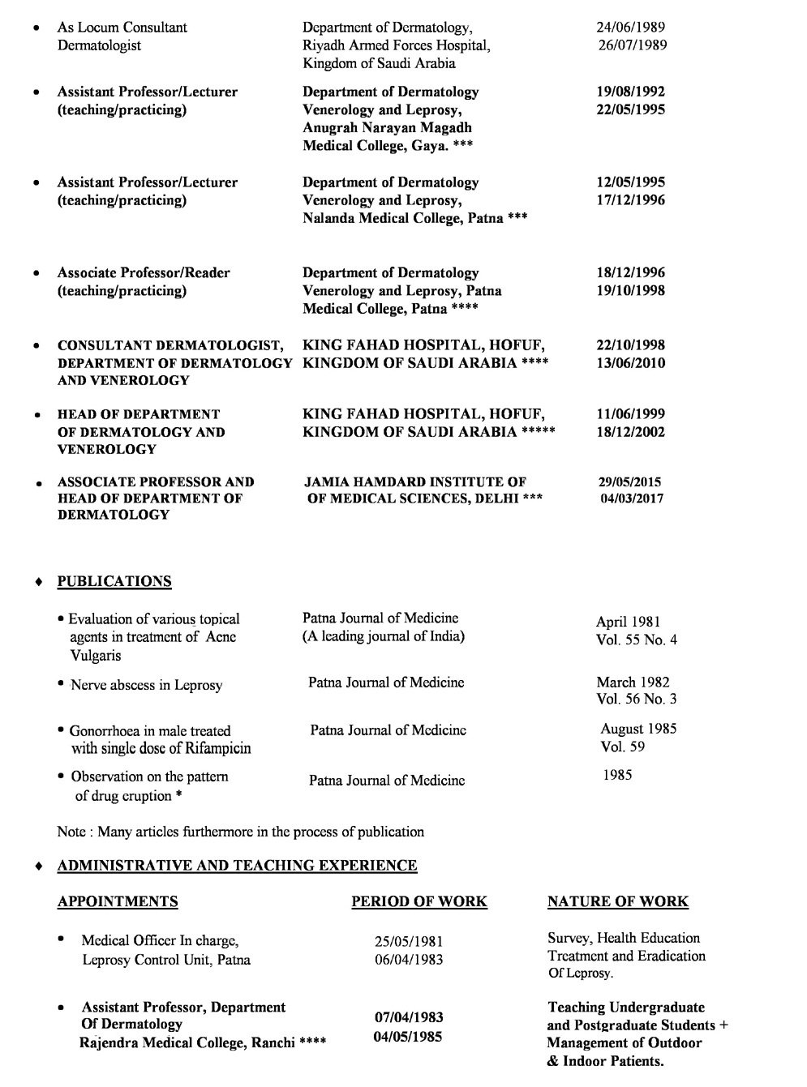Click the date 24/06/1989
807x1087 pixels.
pos(630,28)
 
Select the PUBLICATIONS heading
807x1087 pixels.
pos(114,581)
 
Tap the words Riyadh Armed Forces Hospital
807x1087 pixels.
pos(396,45)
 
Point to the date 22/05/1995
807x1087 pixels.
pos(630,110)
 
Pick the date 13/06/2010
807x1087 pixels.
pos(630,363)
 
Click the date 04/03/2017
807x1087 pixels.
pos(631,499)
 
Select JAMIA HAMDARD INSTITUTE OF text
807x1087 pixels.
pos(415,482)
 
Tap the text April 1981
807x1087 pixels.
pos(628,623)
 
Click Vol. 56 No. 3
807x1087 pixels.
pos(636,700)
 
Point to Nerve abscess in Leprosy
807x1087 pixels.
pos(146,685)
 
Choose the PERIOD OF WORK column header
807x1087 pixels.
pos(419,901)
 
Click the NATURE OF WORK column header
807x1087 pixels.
pos(617,901)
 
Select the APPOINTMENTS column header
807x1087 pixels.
pos(118,901)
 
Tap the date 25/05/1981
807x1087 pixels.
pos(408,942)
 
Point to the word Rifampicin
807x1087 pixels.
pos(213,748)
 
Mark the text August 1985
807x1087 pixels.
pos(638,729)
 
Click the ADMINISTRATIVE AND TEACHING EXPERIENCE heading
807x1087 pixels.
pos(237,866)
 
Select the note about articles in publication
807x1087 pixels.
pos(240,832)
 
